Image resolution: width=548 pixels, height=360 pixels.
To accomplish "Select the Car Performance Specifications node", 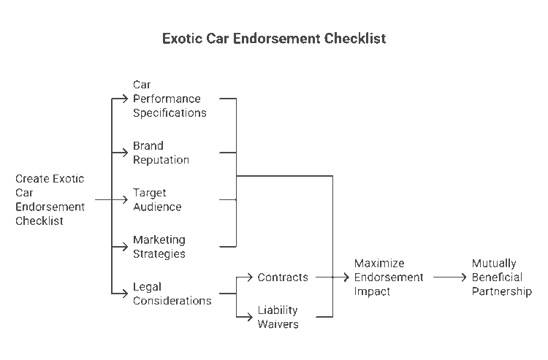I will click(170, 99).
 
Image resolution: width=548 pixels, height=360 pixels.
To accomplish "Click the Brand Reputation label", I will click(161, 153).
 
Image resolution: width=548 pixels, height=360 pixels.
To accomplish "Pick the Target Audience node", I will click(157, 199).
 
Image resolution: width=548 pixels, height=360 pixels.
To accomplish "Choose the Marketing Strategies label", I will click(159, 247).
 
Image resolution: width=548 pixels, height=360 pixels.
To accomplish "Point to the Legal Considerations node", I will click(172, 294).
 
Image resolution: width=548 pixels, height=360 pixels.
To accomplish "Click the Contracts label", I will click(283, 277).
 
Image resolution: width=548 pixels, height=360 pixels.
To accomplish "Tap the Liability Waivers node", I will click(278, 317).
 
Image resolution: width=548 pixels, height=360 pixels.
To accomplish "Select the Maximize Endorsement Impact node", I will click(389, 277).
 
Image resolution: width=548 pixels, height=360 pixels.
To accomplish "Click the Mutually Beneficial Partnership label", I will click(501, 277).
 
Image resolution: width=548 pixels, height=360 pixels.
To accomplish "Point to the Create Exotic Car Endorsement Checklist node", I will click(50, 199).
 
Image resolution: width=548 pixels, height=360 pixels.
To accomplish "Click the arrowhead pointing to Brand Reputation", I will click(126, 153).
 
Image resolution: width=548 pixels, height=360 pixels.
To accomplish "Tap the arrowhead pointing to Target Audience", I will click(126, 199).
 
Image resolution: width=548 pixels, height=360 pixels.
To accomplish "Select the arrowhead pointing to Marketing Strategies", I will click(126, 247).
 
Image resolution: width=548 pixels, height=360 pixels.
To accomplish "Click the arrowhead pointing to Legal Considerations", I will click(126, 294).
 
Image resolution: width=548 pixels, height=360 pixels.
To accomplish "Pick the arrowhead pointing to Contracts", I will click(251, 277).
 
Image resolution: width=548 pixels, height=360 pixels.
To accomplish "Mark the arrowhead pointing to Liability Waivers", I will click(251, 317).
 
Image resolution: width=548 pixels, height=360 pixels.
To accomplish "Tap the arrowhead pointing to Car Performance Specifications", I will click(126, 99).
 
